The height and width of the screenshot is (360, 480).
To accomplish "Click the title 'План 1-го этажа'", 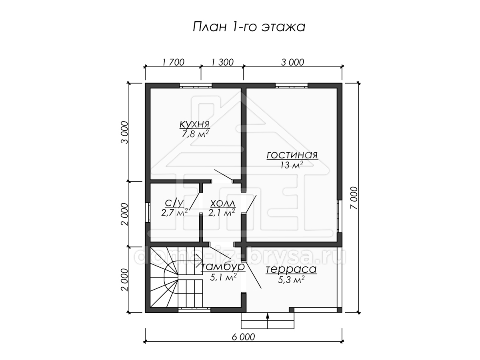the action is (x=249, y=27).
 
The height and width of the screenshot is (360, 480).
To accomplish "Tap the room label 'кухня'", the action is (x=195, y=124).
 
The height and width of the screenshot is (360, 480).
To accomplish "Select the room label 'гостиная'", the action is (x=292, y=155).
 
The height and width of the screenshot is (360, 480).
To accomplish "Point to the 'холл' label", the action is (x=223, y=203).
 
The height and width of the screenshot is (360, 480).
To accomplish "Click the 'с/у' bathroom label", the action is (x=174, y=203).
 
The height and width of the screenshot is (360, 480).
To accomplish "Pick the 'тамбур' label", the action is (x=223, y=267).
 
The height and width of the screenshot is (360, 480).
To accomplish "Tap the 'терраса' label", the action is (x=291, y=269).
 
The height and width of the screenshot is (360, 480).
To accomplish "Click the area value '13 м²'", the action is (x=292, y=165).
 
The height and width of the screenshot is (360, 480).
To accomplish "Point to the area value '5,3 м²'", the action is (x=291, y=280).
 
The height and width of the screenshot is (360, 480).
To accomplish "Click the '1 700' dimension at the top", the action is (x=174, y=62).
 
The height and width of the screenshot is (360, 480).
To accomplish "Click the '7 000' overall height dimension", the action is (x=354, y=198).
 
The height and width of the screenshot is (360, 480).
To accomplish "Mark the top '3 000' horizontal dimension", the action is (x=292, y=62).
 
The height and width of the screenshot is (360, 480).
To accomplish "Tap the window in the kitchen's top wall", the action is (x=196, y=86).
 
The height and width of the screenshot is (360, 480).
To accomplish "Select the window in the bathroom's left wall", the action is (x=148, y=213).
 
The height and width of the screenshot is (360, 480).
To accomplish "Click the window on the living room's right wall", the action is (x=339, y=216).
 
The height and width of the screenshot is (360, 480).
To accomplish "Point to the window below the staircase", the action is (x=194, y=310).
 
